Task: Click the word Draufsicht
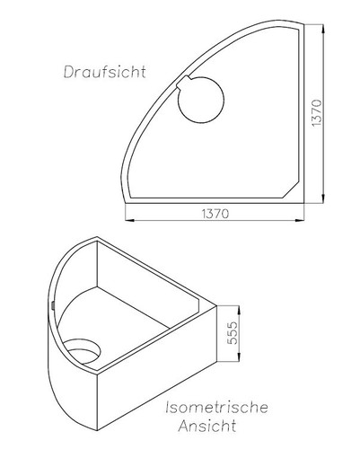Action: [x=101, y=70]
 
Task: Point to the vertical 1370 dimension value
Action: [x=329, y=112]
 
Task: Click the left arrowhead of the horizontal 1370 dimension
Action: [x=126, y=221]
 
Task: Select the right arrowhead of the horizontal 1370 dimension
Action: [x=303, y=221]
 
